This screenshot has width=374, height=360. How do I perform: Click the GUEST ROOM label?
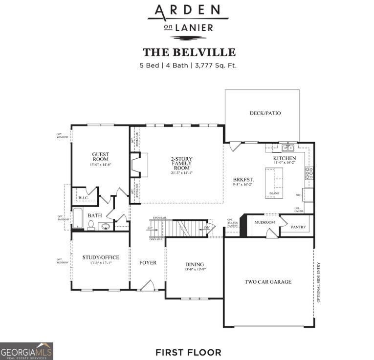point(100,157)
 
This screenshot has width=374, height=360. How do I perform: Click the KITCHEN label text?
point(284,158)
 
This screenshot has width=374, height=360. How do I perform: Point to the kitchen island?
point(274,182)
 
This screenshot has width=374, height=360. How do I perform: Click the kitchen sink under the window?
point(287,148)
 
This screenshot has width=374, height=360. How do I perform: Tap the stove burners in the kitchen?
point(309,172)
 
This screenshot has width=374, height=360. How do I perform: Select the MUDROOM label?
point(264,222)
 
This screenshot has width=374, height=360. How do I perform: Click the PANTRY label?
point(298,227)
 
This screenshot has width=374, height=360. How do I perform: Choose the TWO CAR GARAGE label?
point(268,282)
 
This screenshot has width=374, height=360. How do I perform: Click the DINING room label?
point(194,264)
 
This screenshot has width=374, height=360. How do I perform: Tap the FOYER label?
point(148,263)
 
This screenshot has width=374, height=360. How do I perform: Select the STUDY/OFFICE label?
point(101,257)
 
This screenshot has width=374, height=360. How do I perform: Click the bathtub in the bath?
point(78,218)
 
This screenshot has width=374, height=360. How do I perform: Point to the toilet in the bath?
point(91,225)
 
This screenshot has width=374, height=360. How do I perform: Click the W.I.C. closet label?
point(83,198)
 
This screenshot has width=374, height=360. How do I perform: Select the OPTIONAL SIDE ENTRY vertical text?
point(318,282)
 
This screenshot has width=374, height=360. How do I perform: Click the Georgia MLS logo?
point(26,351)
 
